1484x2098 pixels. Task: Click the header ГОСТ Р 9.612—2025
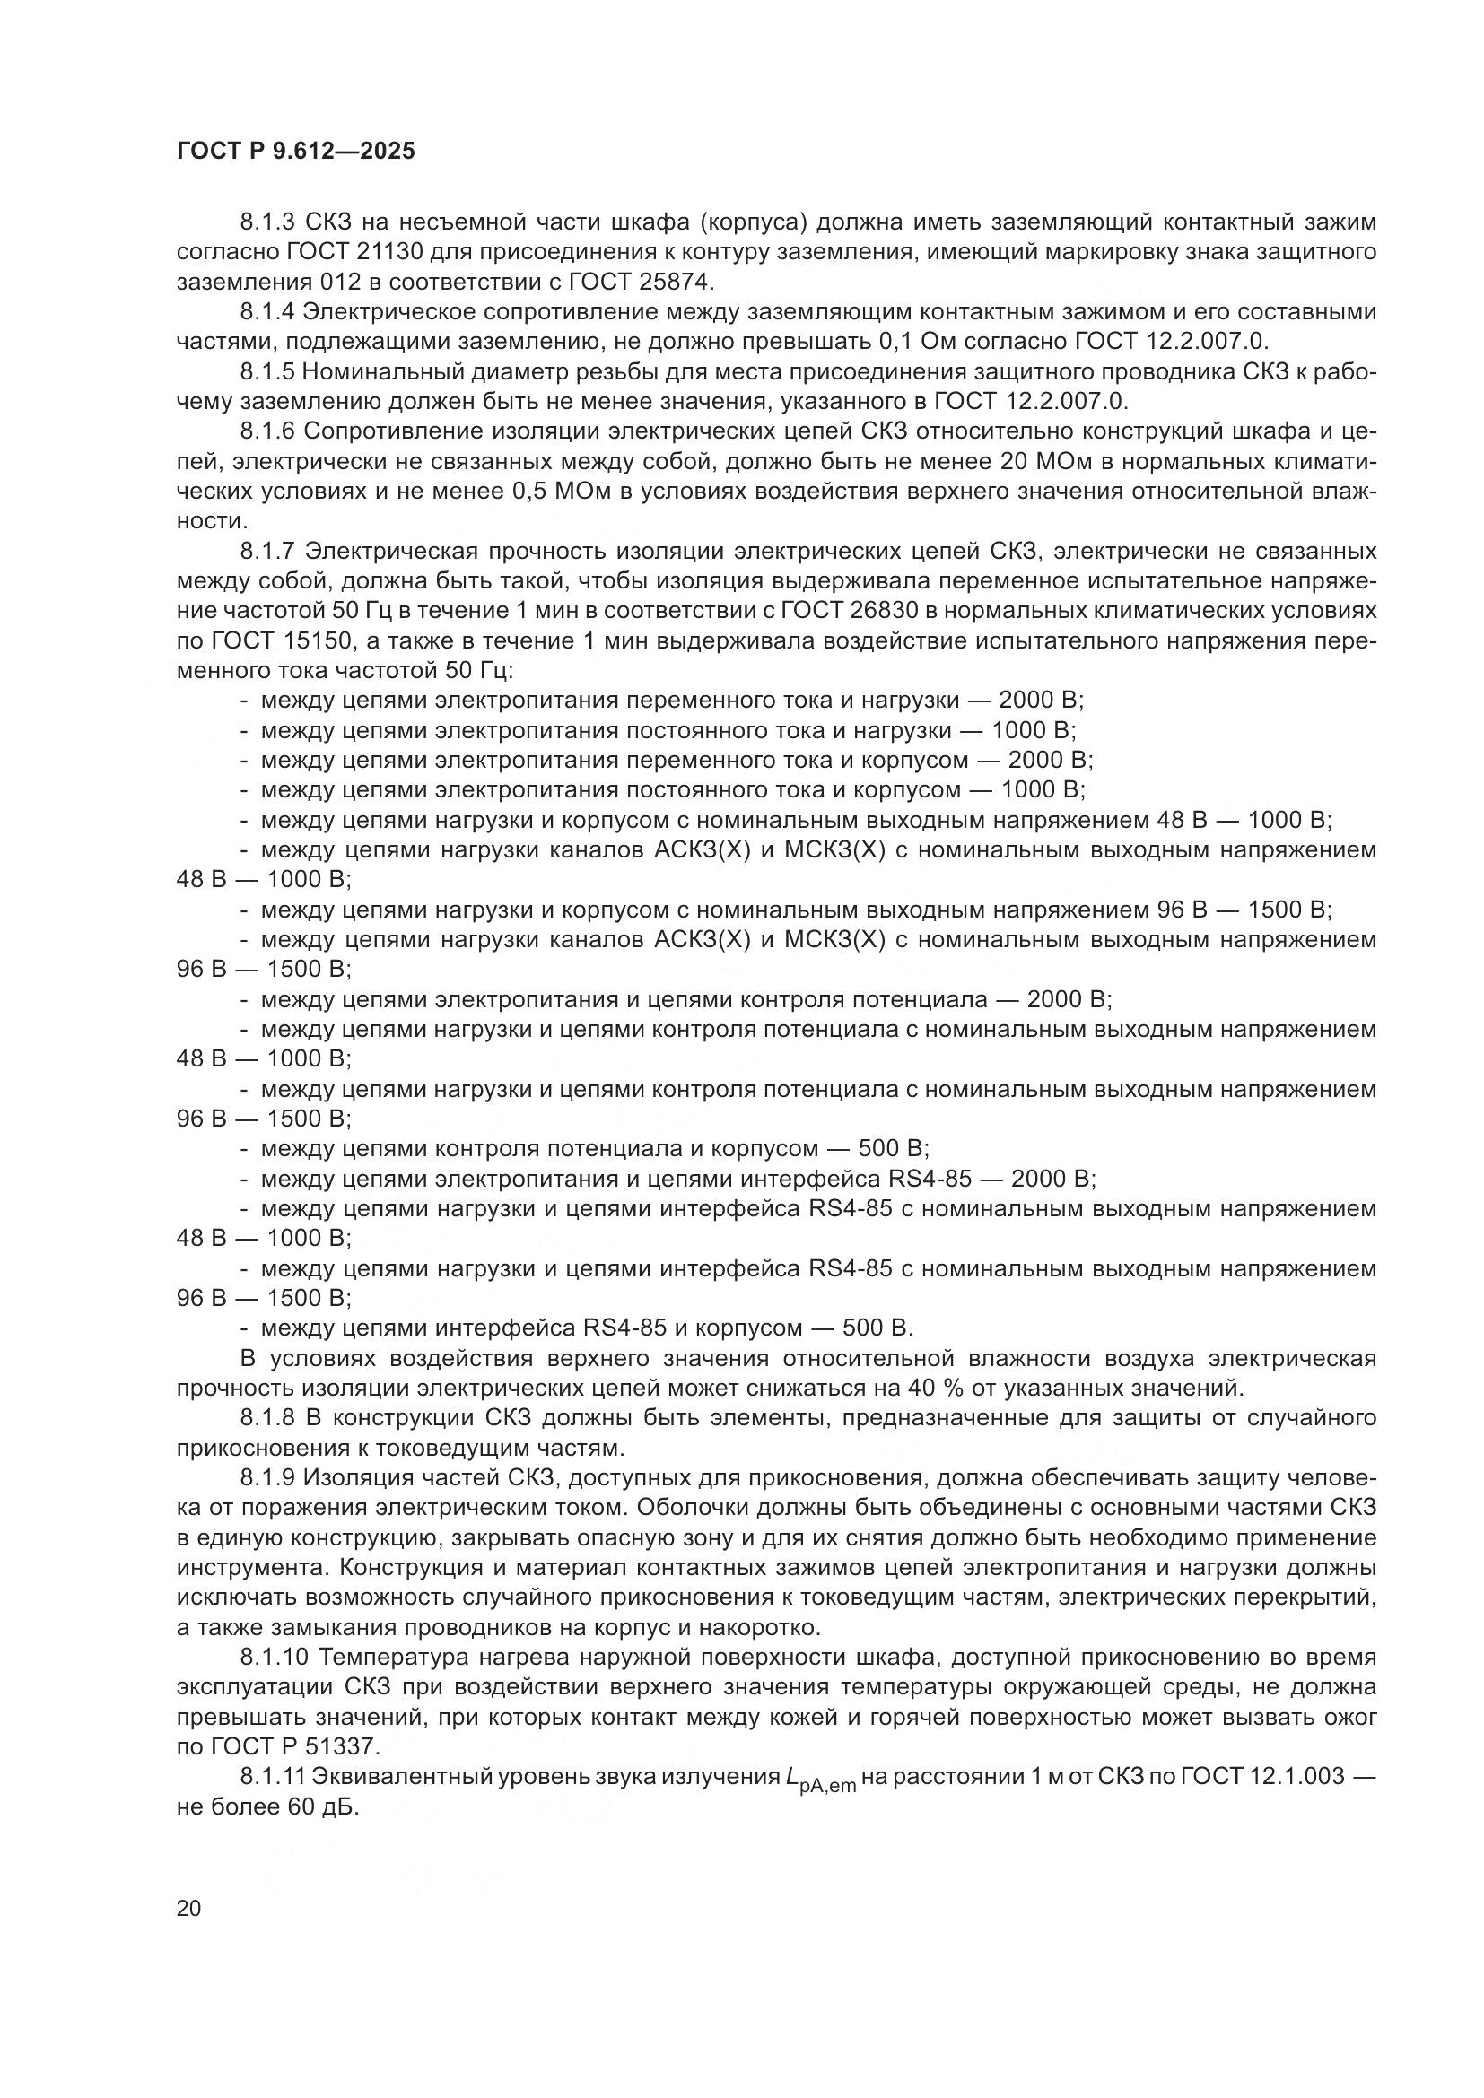point(295,152)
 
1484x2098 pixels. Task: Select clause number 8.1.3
point(267,222)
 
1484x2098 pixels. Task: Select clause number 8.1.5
point(267,372)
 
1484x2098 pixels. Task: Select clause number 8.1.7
point(267,551)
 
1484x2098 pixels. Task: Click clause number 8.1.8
point(267,1418)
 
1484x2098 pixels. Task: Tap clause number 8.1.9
point(267,1477)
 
